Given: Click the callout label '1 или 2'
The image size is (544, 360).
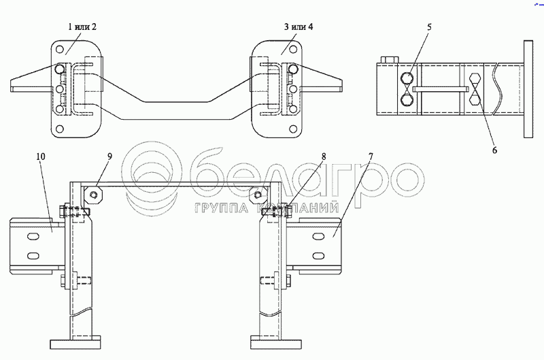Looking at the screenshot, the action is [82, 27].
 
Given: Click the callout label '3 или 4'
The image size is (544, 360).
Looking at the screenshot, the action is [299, 27].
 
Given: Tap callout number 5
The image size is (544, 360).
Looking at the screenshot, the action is [429, 27].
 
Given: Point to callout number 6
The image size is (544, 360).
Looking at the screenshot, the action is [494, 150].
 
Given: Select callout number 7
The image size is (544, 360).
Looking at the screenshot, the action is [371, 157].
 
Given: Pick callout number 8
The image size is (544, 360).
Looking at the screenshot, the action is [324, 157].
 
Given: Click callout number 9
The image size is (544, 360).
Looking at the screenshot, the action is [109, 157].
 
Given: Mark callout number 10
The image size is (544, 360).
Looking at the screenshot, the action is [41, 157].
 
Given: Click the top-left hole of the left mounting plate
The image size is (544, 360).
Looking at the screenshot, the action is [60, 49].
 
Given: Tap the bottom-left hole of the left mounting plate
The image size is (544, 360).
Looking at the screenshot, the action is [60, 129].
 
